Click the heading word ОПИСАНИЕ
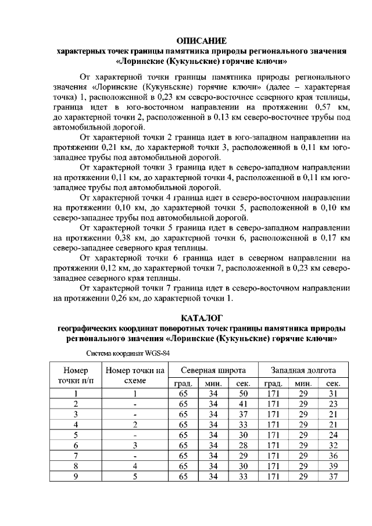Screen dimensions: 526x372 [201, 41]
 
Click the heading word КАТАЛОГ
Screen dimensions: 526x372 [202, 317]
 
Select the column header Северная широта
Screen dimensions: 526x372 [212, 370]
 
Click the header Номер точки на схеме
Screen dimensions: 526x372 [134, 375]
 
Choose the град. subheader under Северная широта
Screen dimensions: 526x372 [183, 384]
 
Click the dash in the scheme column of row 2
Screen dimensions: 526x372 [134, 404]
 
